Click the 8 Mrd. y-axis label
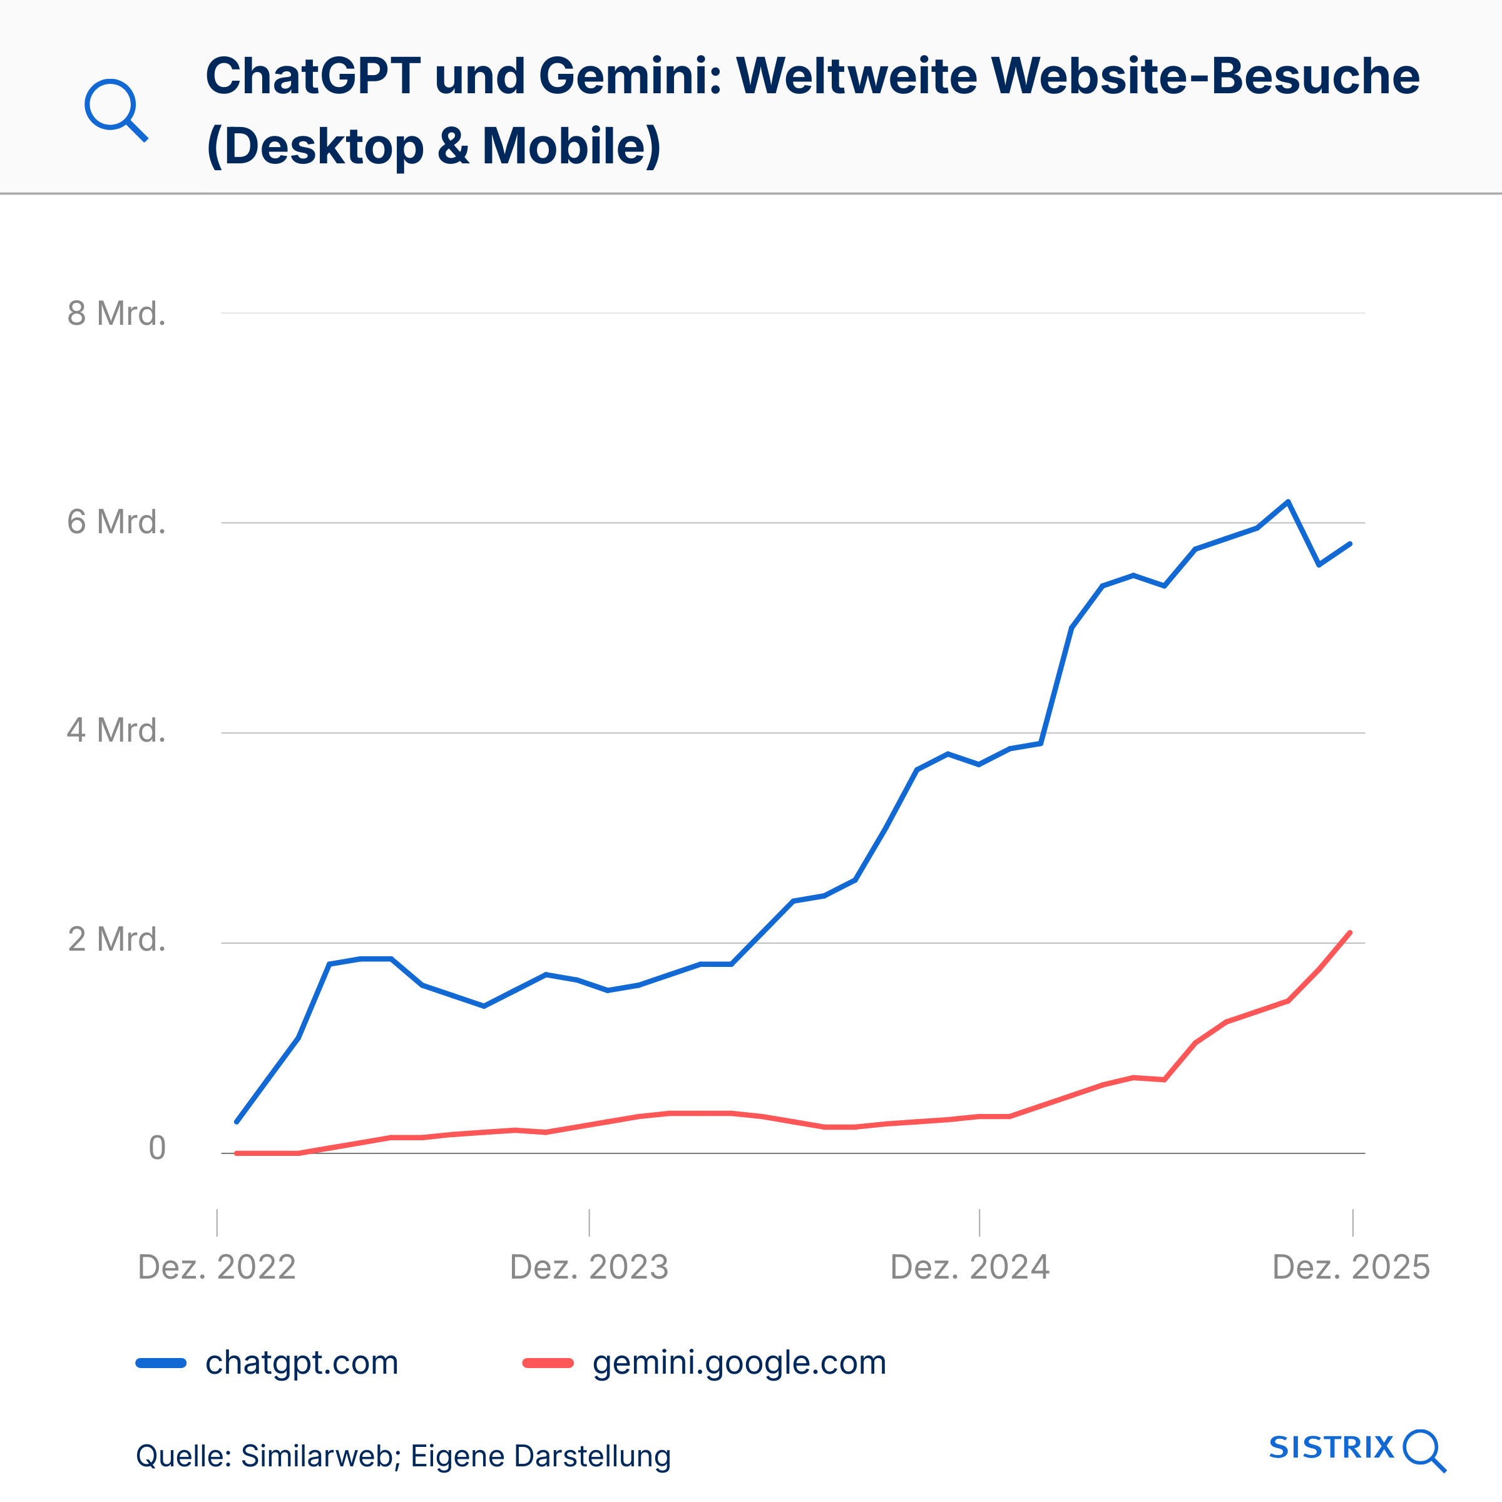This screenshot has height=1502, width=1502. click(116, 314)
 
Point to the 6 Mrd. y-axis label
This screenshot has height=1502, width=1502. click(116, 522)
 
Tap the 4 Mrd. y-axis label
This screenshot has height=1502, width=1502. click(116, 731)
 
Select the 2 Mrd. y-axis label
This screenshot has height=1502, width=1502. click(116, 940)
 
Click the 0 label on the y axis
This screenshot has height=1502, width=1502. click(157, 1148)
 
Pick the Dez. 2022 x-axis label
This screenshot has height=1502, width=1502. click(217, 1268)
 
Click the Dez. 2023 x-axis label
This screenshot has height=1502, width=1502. click(590, 1268)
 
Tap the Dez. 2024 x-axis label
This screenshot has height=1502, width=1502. click(970, 1268)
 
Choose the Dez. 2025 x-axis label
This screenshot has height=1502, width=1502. click(1351, 1268)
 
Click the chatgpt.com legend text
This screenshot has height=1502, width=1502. click(302, 1363)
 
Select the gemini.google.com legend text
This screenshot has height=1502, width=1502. click(739, 1363)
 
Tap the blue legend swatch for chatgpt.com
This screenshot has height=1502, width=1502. click(161, 1363)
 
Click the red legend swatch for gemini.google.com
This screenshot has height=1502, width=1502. click(548, 1363)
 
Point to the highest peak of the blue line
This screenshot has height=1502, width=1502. click(1288, 502)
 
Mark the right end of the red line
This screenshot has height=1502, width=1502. click(1351, 933)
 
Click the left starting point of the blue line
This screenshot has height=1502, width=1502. click(237, 1122)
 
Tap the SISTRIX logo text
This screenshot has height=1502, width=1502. click(1332, 1448)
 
